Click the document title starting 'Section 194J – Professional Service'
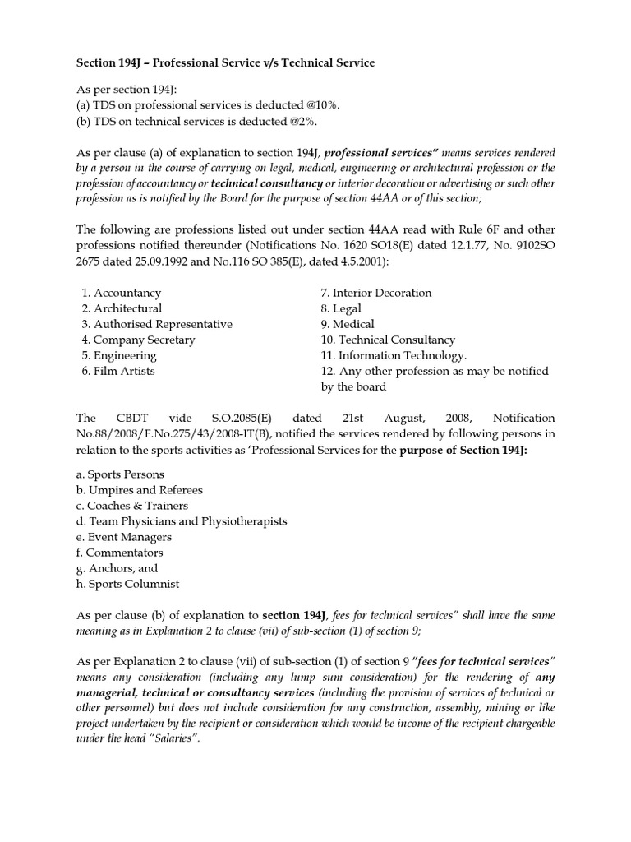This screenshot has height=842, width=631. (225, 62)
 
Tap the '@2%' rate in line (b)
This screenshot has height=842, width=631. (300, 121)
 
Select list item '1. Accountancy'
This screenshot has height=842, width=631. (121, 293)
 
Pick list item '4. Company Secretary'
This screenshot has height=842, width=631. (138, 340)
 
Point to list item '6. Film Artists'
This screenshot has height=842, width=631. (118, 371)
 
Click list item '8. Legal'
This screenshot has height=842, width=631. (341, 308)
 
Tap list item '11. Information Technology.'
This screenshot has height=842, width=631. (394, 355)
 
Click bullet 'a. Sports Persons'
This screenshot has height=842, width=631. (120, 474)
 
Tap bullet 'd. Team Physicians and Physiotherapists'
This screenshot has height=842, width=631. (182, 521)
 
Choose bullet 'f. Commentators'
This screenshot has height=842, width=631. (119, 553)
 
